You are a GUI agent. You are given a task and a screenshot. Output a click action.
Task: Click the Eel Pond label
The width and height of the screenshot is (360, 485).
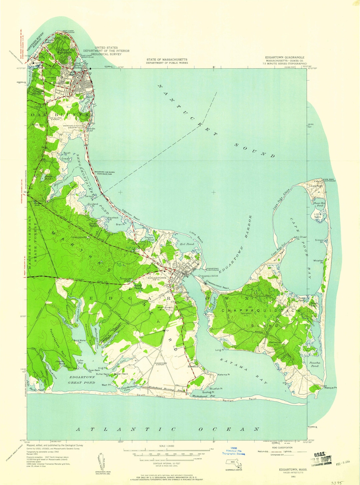187,244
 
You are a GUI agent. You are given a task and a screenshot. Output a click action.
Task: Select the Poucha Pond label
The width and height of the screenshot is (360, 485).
314,364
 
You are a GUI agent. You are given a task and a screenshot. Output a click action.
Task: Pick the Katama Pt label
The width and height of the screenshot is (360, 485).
224,375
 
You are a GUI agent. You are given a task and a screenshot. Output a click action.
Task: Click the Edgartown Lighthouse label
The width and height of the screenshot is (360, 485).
213,269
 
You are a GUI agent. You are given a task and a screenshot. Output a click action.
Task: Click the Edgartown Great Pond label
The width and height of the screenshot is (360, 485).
82,380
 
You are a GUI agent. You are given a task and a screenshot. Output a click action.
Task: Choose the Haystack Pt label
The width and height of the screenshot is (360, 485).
113,218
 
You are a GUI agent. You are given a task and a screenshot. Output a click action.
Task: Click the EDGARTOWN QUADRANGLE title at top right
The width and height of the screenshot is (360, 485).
284,57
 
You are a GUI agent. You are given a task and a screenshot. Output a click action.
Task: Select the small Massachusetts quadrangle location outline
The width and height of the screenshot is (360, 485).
233,462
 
